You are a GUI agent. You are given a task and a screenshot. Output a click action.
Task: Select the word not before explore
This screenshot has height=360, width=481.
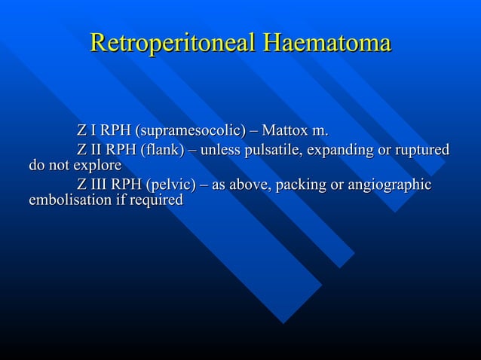[x=59, y=165]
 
